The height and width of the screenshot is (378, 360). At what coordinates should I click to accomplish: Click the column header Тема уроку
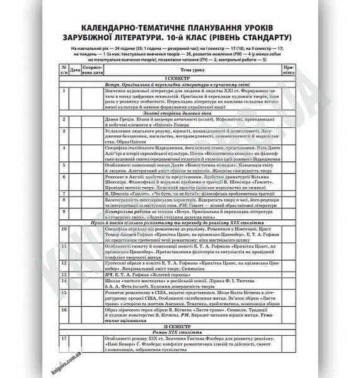[187, 69]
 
